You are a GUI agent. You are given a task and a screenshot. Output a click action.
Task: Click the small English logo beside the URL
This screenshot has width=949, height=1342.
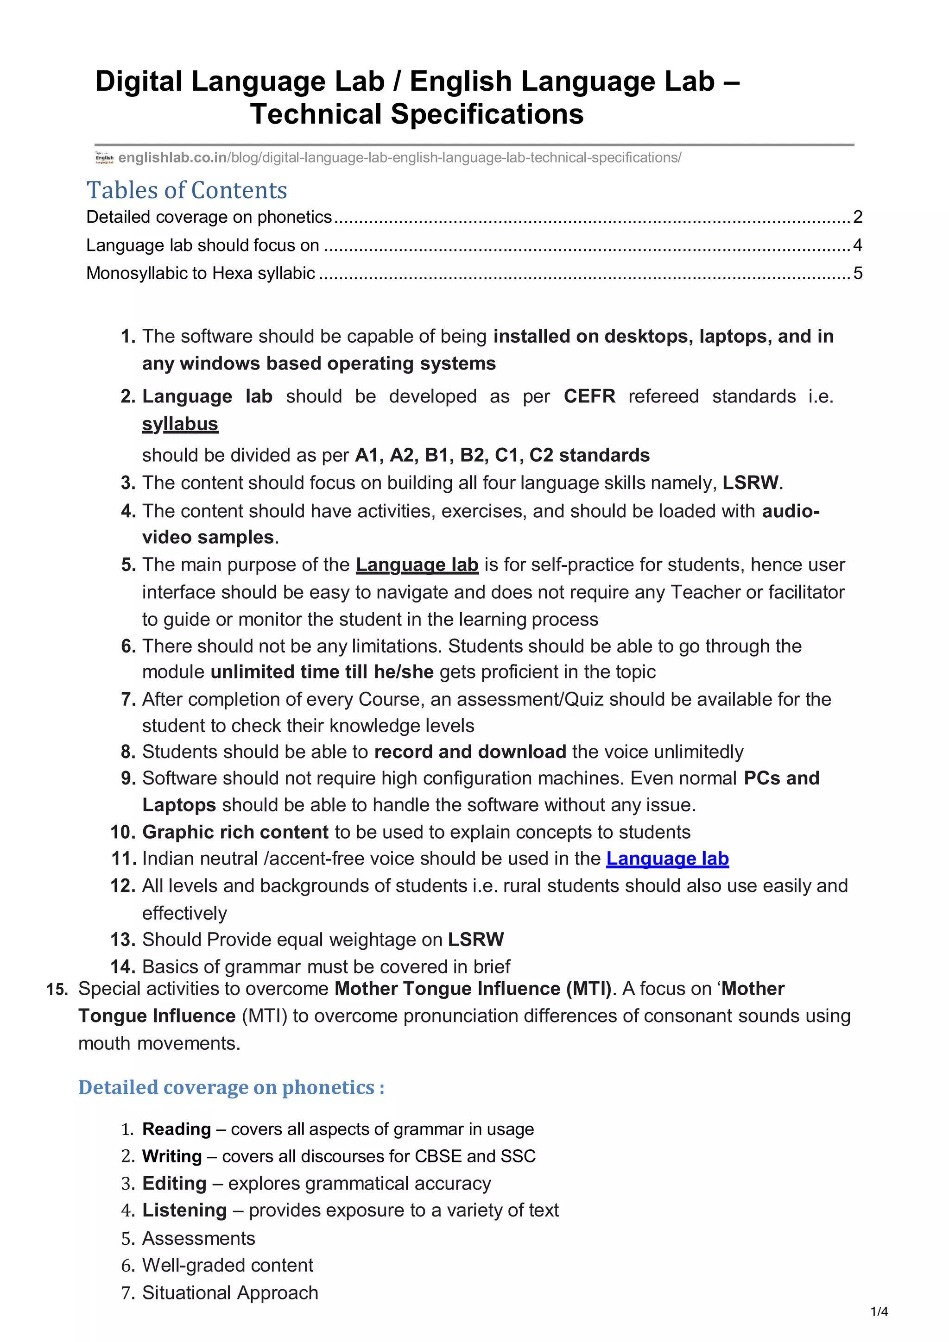pos(104,158)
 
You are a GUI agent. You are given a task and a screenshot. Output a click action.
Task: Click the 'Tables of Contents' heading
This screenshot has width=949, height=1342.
pos(187,190)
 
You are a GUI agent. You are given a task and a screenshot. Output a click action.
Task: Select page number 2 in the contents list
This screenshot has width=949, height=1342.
pos(857,217)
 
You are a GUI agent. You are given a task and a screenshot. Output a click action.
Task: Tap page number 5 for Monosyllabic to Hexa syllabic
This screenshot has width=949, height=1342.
pos(857,273)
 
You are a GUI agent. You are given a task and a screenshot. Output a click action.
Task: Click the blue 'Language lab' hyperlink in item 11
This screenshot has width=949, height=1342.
pos(667,858)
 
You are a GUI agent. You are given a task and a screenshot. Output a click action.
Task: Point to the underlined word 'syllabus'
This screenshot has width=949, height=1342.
pos(180,424)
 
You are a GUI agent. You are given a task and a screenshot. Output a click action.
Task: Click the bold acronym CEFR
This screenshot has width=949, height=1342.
pos(589,396)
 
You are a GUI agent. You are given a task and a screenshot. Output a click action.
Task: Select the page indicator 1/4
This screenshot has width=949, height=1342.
pos(879,1311)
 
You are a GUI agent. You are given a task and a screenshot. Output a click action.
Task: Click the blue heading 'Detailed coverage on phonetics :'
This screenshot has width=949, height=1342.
pos(232,1087)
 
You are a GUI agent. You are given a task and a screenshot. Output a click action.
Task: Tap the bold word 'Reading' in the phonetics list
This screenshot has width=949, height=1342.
pos(177,1129)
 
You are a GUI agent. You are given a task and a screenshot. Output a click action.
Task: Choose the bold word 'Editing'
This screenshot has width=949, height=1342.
pos(174,1183)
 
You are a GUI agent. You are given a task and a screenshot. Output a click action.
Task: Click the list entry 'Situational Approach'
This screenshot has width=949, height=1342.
pos(230,1292)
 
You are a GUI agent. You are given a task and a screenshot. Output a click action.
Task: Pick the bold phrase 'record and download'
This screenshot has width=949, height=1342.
pos(470,751)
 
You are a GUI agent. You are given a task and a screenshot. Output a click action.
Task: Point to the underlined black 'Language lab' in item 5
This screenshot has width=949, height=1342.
pos(417,564)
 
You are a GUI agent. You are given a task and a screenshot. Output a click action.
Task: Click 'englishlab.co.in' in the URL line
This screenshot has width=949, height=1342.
pos(172,158)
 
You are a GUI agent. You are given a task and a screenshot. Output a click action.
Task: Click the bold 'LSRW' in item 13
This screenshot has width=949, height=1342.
pos(475,939)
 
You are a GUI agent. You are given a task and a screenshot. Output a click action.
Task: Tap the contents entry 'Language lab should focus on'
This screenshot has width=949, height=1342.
pos(202,245)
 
